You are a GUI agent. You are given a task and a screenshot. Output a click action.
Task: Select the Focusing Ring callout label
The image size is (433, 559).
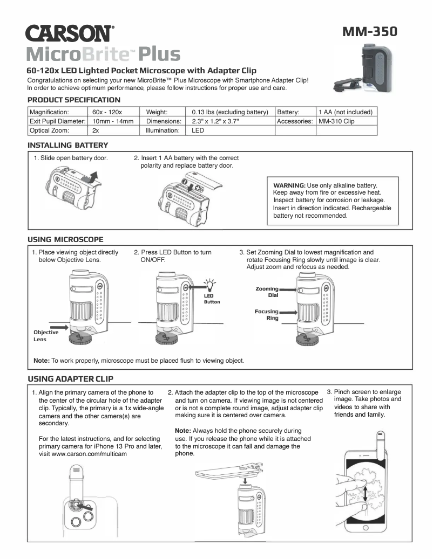(266, 314)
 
